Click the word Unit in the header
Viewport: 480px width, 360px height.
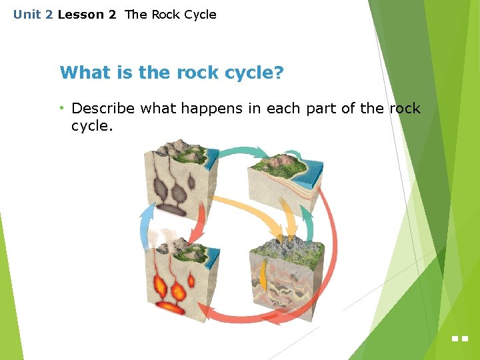[27, 15]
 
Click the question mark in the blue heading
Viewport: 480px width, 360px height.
[279, 72]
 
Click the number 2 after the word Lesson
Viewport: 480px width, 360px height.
[112, 15]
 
